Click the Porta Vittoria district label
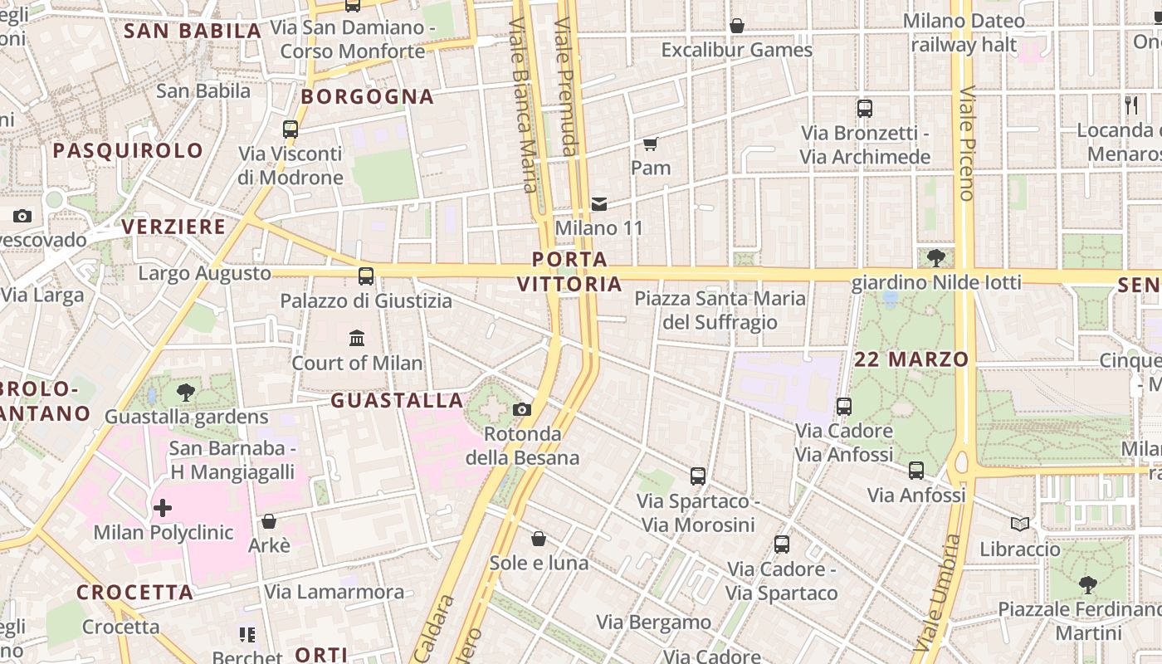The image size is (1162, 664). [569, 271]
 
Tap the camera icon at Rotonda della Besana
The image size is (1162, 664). [522, 409]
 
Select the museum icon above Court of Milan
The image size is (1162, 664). [357, 338]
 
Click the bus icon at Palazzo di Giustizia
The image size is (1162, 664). [366, 276]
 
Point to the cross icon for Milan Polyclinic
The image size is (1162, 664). [163, 507]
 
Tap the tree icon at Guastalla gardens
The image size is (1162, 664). [186, 393]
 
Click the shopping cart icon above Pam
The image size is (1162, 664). [651, 144]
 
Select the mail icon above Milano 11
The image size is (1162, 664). [599, 204]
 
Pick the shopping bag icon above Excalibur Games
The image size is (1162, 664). [736, 27]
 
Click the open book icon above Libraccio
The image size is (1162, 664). [1020, 525]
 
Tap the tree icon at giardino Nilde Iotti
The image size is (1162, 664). [936, 258]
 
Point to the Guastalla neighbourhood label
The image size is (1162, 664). [397, 401]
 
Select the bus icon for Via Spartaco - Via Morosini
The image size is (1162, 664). [698, 476]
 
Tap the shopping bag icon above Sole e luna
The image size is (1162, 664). [539, 539]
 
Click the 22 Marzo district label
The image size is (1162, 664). [911, 359]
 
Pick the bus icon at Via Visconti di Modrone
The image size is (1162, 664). [290, 129]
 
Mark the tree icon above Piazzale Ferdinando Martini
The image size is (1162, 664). [1087, 585]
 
